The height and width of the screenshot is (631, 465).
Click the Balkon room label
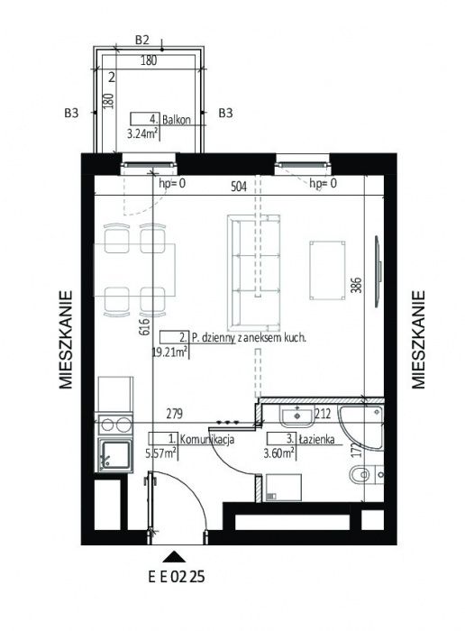pyautogui.click(x=176, y=120)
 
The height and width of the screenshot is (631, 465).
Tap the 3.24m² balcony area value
pyautogui.click(x=141, y=133)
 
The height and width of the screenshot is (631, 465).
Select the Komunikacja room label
pyautogui.click(x=206, y=440)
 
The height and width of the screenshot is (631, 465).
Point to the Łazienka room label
pyautogui.click(x=316, y=439)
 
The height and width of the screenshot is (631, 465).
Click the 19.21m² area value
pyautogui.click(x=169, y=352)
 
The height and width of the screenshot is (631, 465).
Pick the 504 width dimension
pyautogui.click(x=239, y=187)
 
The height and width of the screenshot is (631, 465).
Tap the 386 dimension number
pyautogui.click(x=357, y=285)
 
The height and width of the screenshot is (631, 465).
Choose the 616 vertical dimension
pyautogui.click(x=145, y=326)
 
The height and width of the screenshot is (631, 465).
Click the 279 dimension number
pyautogui.click(x=174, y=414)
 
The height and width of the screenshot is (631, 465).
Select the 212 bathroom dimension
pyautogui.click(x=323, y=414)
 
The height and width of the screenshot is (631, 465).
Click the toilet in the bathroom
pyautogui.click(x=360, y=474)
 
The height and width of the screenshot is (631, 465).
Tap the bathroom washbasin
pyautogui.click(x=297, y=416)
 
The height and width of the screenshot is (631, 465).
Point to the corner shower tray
pyautogui.click(x=360, y=427)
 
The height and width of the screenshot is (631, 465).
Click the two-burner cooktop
pyautogui.click(x=115, y=425)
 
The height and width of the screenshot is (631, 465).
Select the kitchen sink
pyautogui.click(x=115, y=456)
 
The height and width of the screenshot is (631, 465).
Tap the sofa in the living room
pyautogui.click(x=253, y=271)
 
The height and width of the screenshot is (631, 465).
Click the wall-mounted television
pyautogui.click(x=378, y=271)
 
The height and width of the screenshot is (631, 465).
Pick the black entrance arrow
pyautogui.click(x=174, y=556)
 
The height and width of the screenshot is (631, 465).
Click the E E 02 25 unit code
pyautogui.click(x=177, y=577)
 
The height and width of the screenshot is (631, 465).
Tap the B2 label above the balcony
pyautogui.click(x=142, y=40)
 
